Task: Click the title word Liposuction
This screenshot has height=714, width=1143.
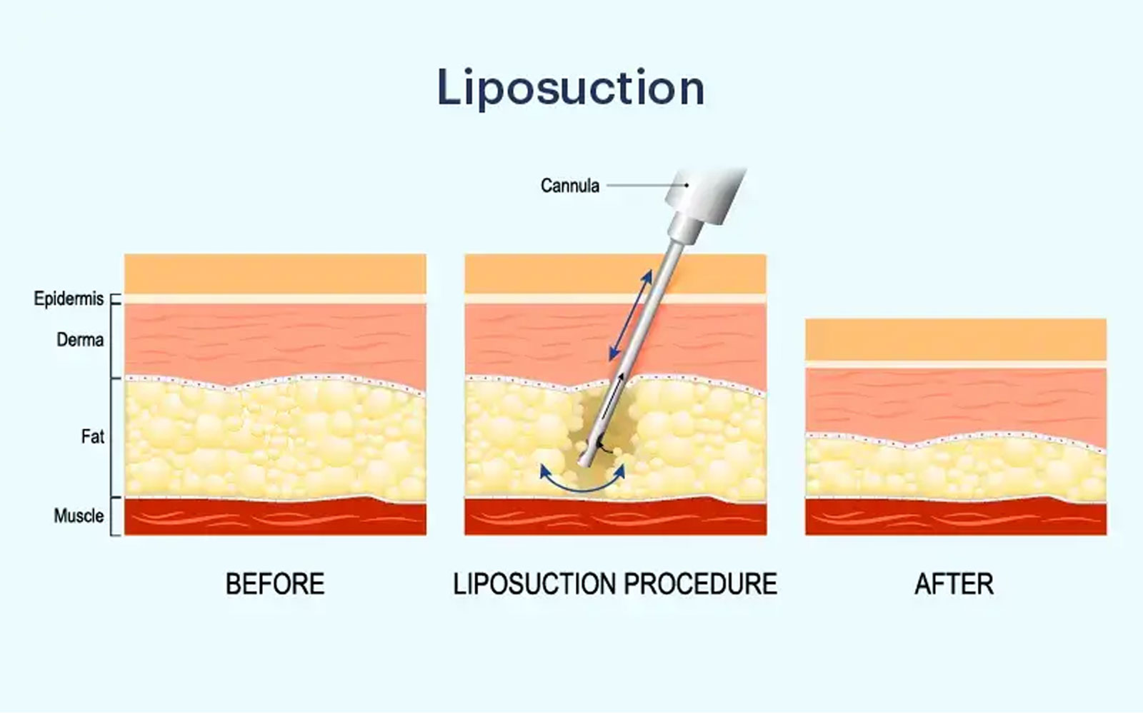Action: (x=571, y=88)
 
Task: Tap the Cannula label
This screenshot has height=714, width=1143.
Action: (x=570, y=186)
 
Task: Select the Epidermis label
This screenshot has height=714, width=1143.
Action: (x=69, y=299)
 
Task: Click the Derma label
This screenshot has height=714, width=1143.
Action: (x=80, y=340)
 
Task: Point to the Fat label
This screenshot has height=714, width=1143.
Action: (x=92, y=436)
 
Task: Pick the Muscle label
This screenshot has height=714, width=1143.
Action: (x=79, y=516)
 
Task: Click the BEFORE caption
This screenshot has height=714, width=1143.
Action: (x=275, y=584)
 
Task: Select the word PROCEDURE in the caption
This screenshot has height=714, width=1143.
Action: (x=701, y=584)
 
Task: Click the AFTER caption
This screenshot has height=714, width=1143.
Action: (x=954, y=584)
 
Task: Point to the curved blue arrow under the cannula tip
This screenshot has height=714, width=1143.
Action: (x=582, y=490)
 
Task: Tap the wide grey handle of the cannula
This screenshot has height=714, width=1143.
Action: (x=707, y=196)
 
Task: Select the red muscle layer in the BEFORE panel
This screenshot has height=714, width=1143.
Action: (x=276, y=517)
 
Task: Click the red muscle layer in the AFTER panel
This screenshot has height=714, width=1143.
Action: (x=956, y=517)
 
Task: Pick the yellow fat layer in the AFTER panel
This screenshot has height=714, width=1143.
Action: (x=956, y=469)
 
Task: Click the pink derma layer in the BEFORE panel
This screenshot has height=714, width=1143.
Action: (x=276, y=343)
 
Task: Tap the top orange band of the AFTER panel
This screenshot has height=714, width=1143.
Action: (x=956, y=340)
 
